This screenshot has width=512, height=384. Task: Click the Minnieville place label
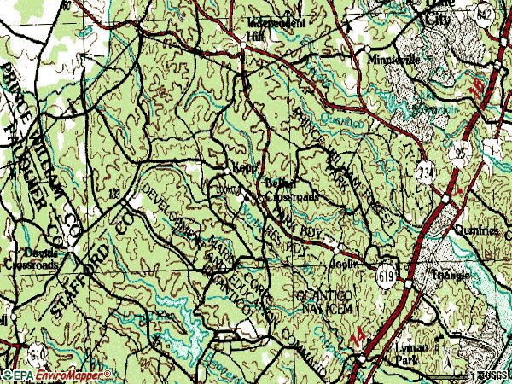point(392,60)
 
